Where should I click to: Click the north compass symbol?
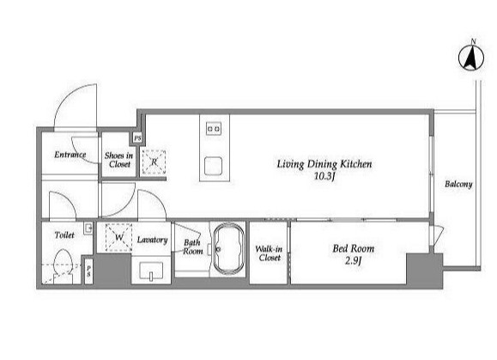click(471, 58)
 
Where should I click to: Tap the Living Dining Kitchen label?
click(324, 164)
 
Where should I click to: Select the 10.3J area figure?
click(324, 176)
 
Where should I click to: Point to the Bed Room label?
click(353, 248)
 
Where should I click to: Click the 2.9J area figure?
click(353, 260)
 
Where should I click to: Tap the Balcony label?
click(458, 184)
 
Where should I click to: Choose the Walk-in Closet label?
click(270, 253)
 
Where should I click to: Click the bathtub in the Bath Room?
click(229, 248)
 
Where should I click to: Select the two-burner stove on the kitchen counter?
click(214, 129)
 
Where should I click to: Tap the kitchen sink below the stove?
click(213, 166)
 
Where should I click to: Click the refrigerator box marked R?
click(154, 162)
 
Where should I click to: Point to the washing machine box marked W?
click(118, 237)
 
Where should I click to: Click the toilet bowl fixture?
click(63, 263)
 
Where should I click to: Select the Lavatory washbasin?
click(151, 271)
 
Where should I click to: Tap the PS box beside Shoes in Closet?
click(137, 138)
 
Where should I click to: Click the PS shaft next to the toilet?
click(88, 272)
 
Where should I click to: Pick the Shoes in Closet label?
click(118, 160)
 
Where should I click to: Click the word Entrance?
click(70, 155)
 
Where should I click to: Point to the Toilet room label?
click(64, 235)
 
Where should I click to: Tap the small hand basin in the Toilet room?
click(88, 229)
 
